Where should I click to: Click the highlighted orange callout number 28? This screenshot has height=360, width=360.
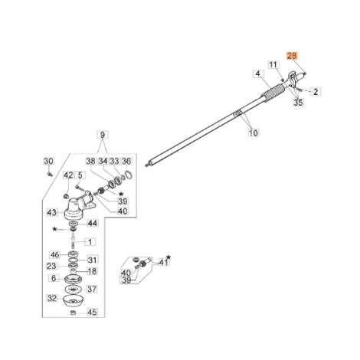point(292,56)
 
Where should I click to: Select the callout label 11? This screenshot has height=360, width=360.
point(273,65)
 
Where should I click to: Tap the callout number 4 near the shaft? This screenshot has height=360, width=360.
point(258,74)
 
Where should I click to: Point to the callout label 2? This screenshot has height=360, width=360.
point(316,92)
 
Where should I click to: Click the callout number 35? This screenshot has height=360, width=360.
point(298,103)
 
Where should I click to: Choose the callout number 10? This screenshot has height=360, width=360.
point(254,133)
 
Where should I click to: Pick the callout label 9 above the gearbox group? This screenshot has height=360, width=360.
point(103,135)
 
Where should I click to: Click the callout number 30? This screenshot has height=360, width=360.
point(48,161)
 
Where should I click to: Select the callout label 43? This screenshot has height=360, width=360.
point(52,212)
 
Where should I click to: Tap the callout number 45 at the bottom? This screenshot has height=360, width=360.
point(92,312)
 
